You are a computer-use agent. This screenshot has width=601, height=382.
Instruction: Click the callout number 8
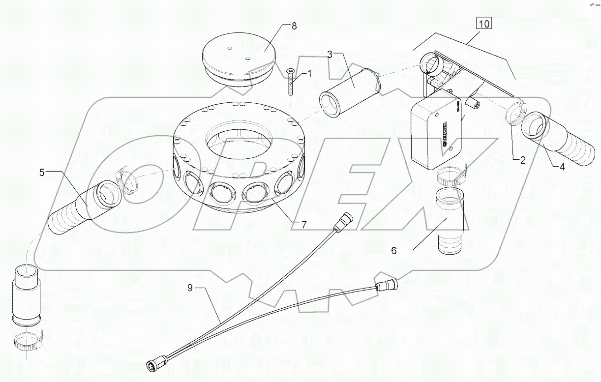[294, 27]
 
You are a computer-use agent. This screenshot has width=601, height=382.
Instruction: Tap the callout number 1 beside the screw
[309, 74]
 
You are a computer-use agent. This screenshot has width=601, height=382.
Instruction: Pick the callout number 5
[42, 173]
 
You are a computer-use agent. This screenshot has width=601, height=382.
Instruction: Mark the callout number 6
[393, 250]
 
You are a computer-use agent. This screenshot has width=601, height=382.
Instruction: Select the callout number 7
[304, 224]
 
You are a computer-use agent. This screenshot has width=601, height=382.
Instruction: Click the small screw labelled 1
[291, 81]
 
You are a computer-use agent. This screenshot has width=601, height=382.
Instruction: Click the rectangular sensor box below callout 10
[436, 130]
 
